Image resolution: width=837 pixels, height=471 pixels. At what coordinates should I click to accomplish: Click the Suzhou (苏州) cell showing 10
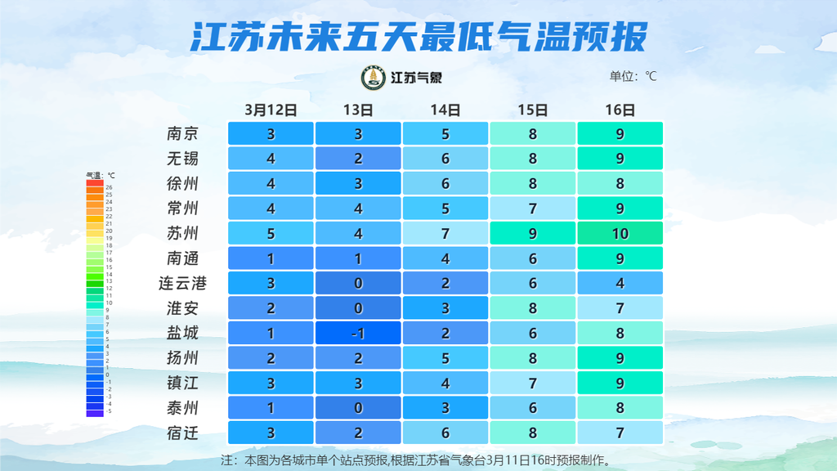(620, 234)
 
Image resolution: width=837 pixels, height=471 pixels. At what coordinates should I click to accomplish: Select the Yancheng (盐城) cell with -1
(358, 334)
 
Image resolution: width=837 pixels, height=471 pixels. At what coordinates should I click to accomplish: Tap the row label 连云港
(182, 284)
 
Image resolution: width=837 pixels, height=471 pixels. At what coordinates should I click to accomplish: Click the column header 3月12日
(271, 110)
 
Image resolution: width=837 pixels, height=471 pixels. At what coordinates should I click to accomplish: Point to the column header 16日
(620, 110)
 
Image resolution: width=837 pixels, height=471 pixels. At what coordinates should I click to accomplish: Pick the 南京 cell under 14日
(445, 133)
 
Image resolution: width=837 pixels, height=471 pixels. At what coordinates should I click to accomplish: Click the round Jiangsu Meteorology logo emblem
(374, 78)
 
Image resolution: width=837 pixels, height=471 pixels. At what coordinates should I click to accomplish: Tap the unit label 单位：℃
(633, 77)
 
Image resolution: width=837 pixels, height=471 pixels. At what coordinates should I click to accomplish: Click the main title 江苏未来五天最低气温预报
(418, 36)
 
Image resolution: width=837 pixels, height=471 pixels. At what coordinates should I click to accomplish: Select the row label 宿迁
(182, 433)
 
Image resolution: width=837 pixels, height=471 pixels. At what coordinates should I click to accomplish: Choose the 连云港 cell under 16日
(620, 284)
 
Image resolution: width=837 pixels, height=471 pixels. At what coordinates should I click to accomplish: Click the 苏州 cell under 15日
(532, 234)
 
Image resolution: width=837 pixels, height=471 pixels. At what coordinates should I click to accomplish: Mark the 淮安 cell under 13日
(358, 308)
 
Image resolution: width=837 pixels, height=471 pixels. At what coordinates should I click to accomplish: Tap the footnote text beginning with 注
(416, 460)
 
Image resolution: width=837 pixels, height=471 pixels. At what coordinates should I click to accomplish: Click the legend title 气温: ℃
(101, 175)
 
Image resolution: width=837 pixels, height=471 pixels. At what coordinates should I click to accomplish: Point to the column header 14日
(445, 110)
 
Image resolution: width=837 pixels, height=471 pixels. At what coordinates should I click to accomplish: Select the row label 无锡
(182, 158)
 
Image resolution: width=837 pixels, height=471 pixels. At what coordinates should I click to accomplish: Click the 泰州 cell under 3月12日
(271, 408)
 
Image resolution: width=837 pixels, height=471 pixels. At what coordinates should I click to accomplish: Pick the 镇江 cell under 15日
(532, 384)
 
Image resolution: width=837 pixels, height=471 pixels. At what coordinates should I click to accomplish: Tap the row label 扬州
(182, 358)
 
